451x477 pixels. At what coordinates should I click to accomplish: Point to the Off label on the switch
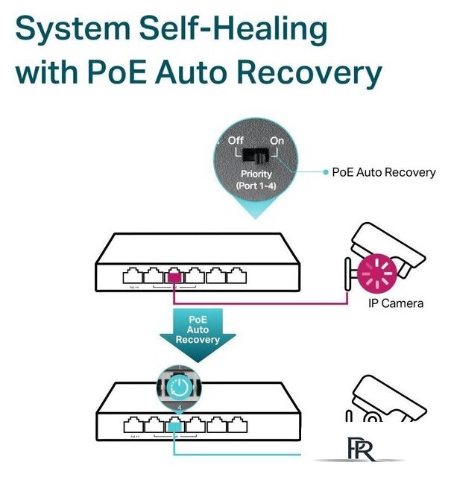click(x=236, y=140)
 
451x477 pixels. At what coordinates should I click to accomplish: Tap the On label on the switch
click(x=277, y=140)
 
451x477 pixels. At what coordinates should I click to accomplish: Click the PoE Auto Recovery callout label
click(x=384, y=172)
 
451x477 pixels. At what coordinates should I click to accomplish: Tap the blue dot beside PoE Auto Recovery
click(x=325, y=172)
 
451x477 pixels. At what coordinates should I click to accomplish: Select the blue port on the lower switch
click(x=174, y=426)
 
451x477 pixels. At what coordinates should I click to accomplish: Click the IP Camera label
click(x=396, y=303)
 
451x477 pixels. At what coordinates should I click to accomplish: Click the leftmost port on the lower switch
click(x=132, y=426)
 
